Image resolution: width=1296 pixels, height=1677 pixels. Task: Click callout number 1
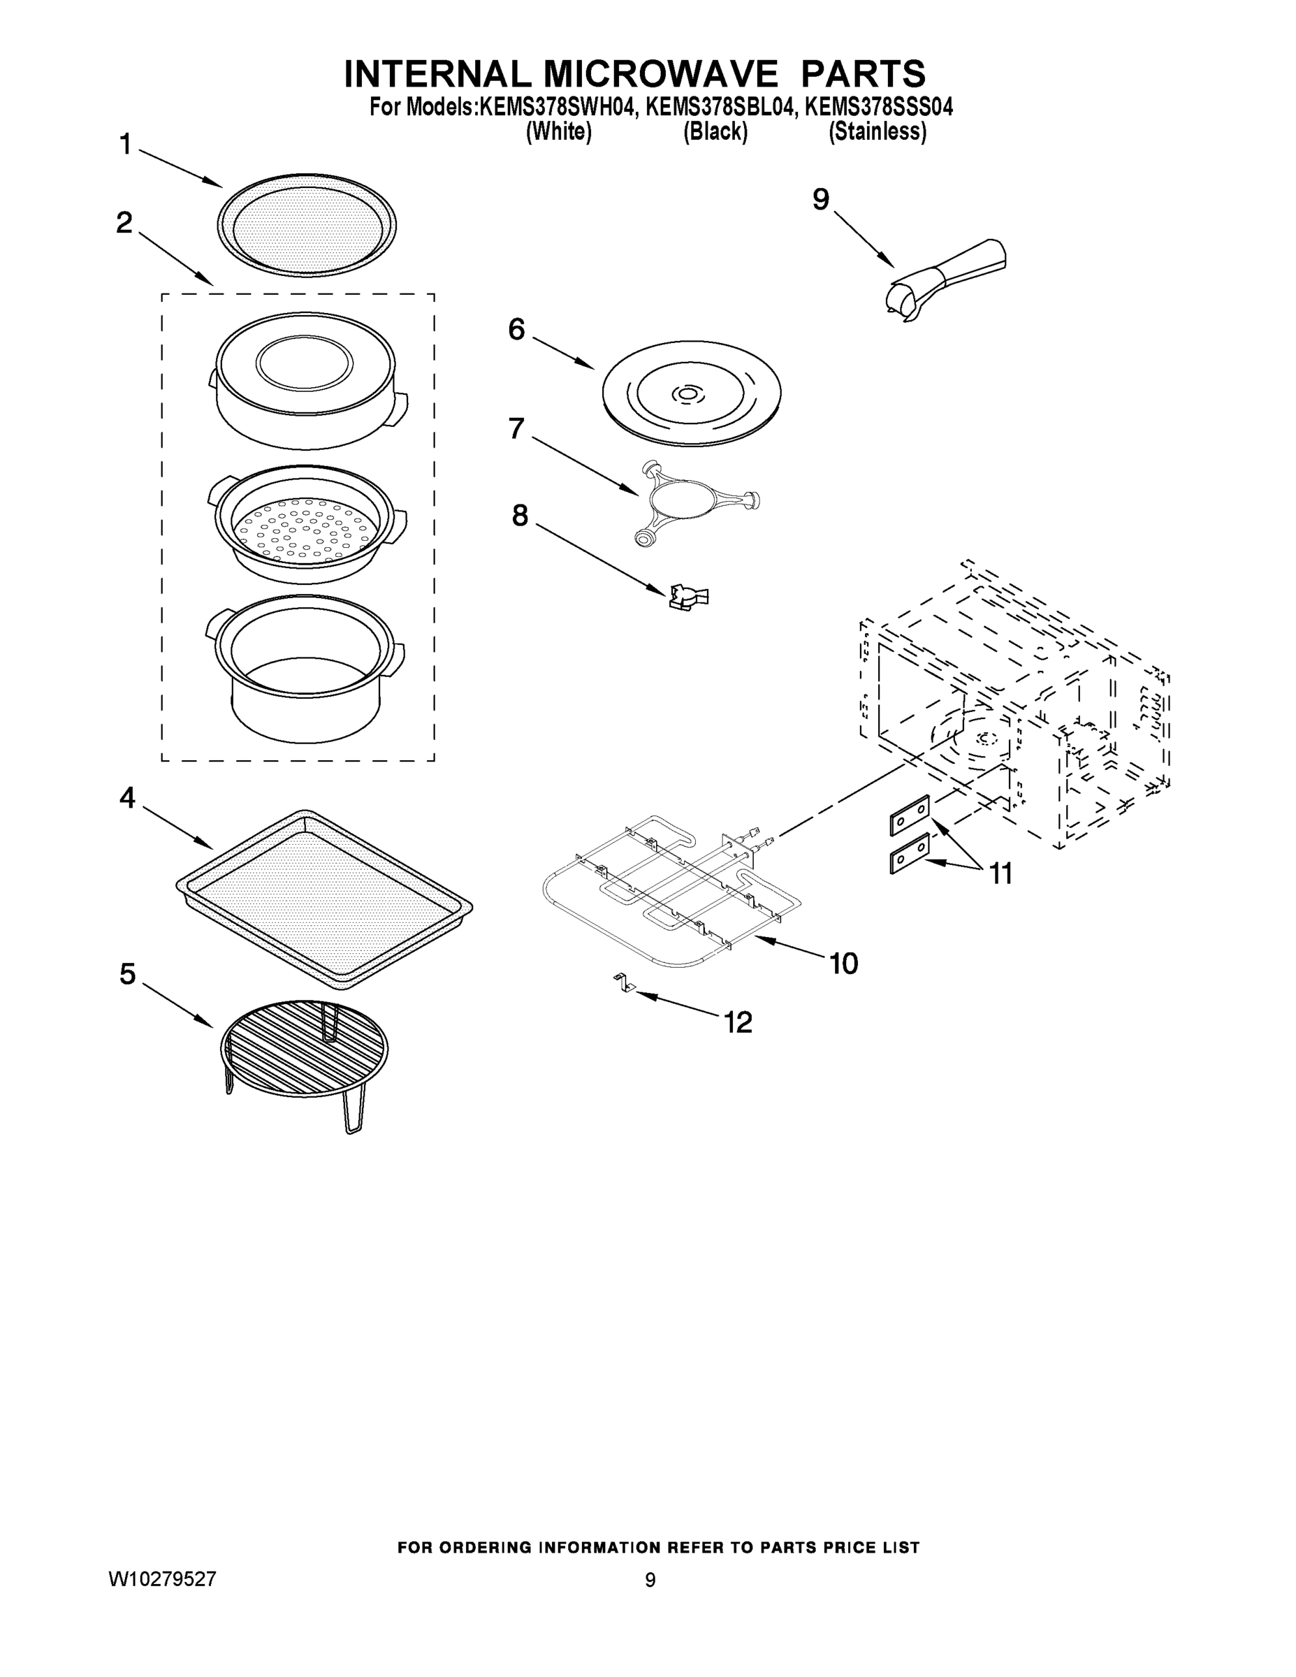125,145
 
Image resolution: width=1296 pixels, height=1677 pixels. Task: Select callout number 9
821,200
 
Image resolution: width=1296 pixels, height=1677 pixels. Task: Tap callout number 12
738,1022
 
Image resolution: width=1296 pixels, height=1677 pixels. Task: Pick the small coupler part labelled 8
688,597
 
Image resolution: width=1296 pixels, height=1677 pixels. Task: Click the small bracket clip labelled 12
622,985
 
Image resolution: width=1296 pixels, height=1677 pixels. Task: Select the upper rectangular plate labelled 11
910,815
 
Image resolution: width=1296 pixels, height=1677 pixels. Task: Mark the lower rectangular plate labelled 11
910,853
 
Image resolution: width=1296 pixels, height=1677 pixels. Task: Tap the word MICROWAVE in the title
660,75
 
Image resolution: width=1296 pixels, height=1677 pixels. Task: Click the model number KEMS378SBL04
719,108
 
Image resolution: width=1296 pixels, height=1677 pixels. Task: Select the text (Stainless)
877,132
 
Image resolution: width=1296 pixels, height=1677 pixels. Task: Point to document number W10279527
162,1578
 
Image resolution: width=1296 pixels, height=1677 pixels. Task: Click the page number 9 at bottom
650,1581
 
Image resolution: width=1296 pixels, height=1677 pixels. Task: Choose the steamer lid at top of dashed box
305,380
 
